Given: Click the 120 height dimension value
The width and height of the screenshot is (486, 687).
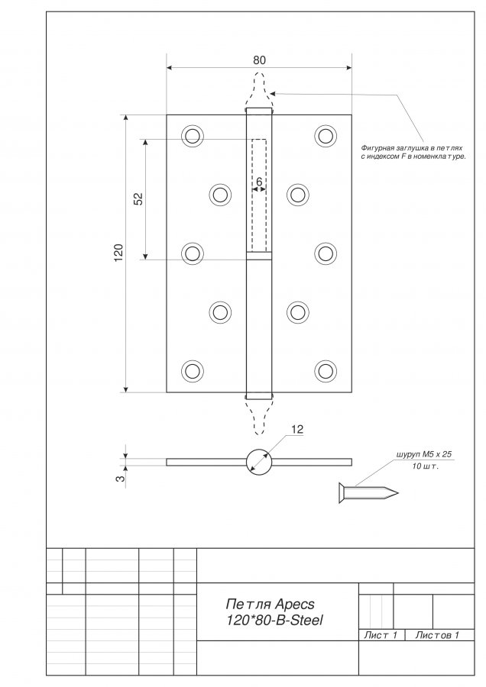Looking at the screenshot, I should (118, 254).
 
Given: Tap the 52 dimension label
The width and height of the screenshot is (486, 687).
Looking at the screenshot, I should (138, 199).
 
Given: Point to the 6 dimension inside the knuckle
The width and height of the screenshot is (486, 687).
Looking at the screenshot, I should (259, 182).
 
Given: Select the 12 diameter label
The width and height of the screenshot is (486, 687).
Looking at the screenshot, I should (297, 430).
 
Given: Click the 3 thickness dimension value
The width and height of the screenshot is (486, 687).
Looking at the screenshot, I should (119, 478).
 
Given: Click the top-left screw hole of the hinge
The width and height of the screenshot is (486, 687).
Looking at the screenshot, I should (192, 136).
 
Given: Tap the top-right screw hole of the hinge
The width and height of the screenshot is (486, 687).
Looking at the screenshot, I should (326, 136).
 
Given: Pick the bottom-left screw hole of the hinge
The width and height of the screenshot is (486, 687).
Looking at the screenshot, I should (192, 371).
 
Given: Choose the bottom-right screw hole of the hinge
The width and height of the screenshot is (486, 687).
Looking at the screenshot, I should (326, 371).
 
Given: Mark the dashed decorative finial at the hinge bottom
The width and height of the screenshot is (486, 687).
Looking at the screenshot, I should (258, 416).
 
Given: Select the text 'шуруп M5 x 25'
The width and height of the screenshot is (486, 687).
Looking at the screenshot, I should (424, 454).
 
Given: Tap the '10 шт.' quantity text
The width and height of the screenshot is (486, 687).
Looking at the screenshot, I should (425, 466).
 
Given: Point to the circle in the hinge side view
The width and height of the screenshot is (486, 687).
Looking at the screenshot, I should (258, 461).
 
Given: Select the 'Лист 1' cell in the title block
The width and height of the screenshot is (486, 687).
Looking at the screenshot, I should (381, 635).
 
